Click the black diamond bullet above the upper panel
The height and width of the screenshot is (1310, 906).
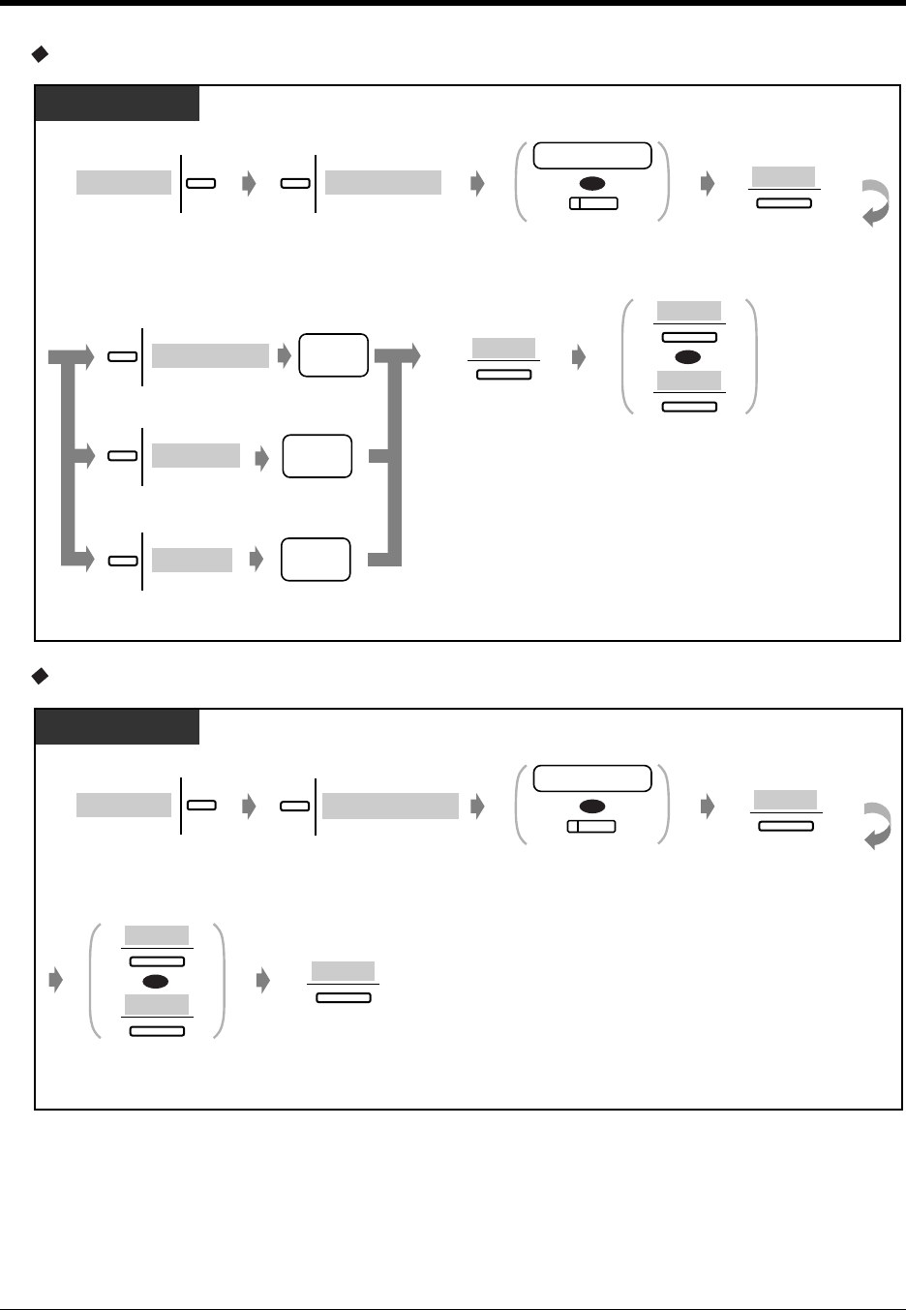[x=40, y=55]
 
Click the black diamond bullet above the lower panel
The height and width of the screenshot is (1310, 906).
[x=40, y=677]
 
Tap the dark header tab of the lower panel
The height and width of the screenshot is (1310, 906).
[x=117, y=727]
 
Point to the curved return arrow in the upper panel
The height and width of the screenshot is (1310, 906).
[x=875, y=202]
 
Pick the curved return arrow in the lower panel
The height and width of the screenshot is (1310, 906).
[x=875, y=826]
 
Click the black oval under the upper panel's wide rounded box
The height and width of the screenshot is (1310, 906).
[x=592, y=183]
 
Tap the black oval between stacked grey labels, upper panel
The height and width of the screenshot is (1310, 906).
[x=689, y=356]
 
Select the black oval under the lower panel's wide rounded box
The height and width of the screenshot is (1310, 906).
[x=592, y=807]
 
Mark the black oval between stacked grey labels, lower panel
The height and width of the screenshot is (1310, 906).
[x=157, y=981]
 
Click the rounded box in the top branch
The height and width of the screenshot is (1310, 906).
[x=334, y=355]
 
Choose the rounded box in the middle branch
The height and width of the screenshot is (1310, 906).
[x=317, y=456]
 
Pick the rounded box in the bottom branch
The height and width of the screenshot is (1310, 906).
[x=316, y=560]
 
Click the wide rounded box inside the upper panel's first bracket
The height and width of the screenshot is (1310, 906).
[x=592, y=155]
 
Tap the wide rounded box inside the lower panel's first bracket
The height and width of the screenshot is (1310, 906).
[x=592, y=778]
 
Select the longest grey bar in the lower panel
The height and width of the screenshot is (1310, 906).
[x=390, y=806]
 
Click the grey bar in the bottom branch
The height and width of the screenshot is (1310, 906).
[x=192, y=560]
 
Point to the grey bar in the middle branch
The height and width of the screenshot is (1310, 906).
[x=196, y=455]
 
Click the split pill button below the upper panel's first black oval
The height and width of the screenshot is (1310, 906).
[x=592, y=203]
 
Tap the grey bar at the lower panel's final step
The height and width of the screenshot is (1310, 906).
[x=343, y=971]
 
